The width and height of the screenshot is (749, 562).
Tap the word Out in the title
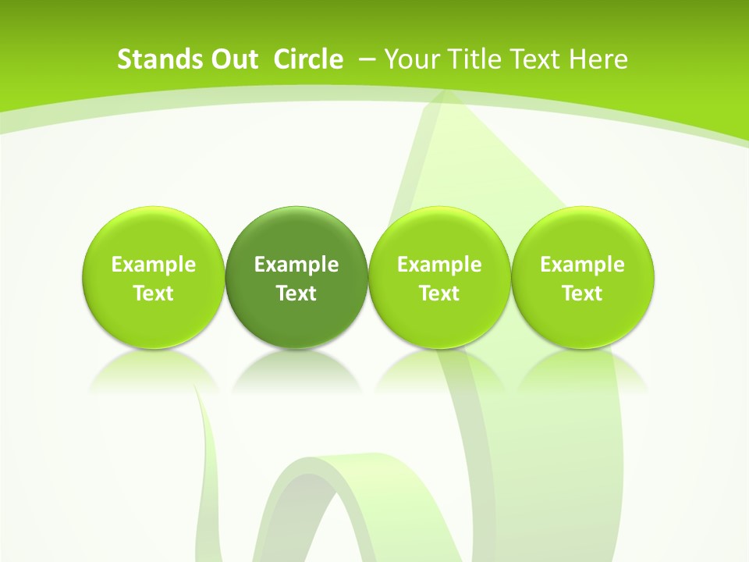[233, 59]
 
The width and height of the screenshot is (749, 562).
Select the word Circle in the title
[308, 59]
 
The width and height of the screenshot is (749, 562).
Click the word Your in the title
[412, 59]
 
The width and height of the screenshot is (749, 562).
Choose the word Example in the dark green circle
[296, 265]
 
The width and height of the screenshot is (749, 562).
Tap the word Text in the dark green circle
[296, 293]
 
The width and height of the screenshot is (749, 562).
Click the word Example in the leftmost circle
[154, 265]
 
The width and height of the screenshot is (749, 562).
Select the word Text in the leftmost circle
[154, 293]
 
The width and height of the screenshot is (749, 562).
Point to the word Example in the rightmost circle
[582, 265]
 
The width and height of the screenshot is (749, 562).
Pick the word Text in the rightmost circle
[582, 293]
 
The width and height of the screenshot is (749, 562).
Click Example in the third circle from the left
[439, 265]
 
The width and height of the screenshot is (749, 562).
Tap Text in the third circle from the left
[439, 293]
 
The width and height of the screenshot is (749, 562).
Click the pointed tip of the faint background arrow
[445, 95]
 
